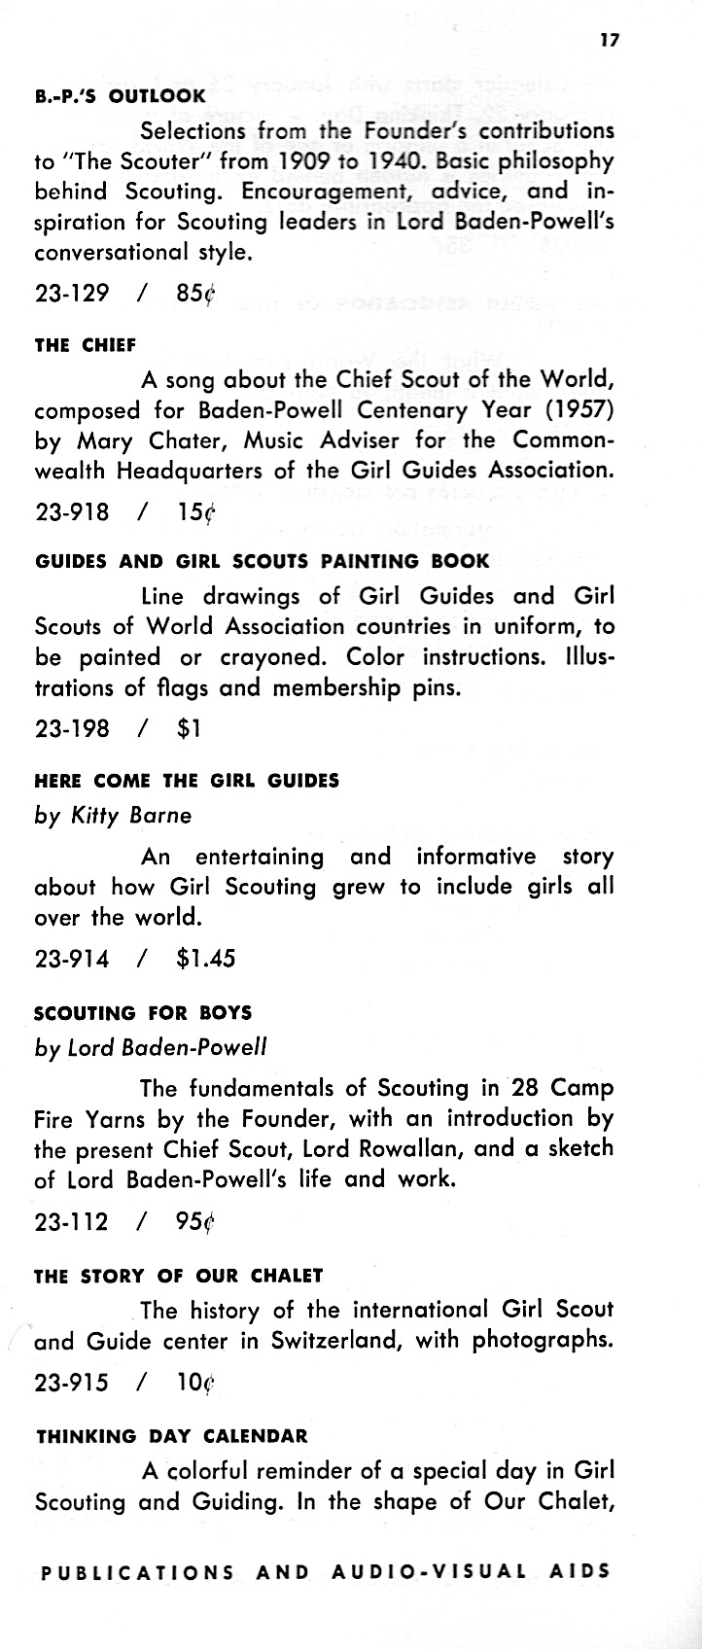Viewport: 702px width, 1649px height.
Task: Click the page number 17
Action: click(609, 40)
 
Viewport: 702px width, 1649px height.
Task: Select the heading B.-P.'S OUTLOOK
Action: click(120, 96)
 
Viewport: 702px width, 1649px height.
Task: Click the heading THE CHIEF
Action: click(85, 345)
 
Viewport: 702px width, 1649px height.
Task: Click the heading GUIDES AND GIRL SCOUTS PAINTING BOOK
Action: click(262, 561)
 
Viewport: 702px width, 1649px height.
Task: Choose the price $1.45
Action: click(207, 958)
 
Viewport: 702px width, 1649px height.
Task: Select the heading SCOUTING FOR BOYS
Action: click(143, 1013)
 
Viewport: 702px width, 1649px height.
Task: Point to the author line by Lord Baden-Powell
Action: click(151, 1047)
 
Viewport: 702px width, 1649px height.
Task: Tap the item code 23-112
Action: click(72, 1221)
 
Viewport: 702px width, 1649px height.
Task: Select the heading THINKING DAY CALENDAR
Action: click(171, 1436)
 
